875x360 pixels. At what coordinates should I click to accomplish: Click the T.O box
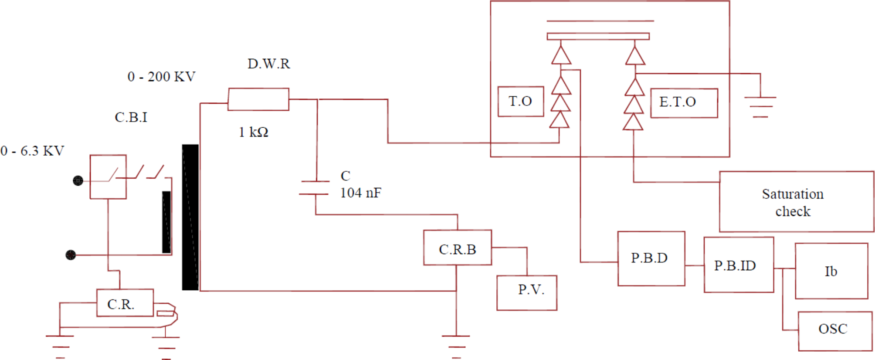520,101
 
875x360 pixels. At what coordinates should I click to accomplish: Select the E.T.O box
683,103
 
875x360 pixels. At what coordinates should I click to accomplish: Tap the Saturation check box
796,202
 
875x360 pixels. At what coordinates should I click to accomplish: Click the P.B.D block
651,258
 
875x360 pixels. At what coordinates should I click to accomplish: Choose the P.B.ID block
739,265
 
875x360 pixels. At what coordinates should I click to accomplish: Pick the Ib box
831,271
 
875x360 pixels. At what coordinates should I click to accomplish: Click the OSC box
834,330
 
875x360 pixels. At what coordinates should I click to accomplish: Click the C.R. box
125,302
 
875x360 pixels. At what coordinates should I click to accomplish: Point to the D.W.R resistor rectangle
258,99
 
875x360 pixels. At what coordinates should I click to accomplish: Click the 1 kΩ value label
253,132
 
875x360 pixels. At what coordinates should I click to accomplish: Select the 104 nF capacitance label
360,193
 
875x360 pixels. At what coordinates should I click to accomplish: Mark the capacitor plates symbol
315,187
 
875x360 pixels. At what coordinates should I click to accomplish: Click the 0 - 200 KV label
161,77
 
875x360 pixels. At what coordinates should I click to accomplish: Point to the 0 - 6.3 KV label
32,151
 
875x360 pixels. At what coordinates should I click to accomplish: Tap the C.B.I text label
131,117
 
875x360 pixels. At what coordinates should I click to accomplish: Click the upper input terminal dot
78,180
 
